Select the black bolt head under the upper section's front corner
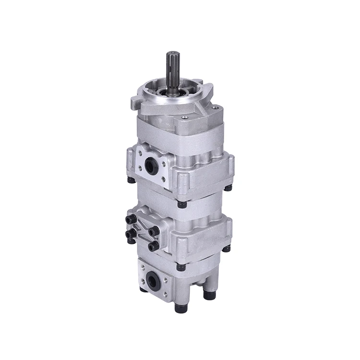click(x=181, y=204)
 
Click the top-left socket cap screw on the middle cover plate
click(x=129, y=220)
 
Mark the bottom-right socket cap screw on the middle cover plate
click(x=154, y=246)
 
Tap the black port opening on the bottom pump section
click(x=152, y=281)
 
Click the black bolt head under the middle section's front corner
click(x=181, y=266)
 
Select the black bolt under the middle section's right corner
click(x=226, y=248)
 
